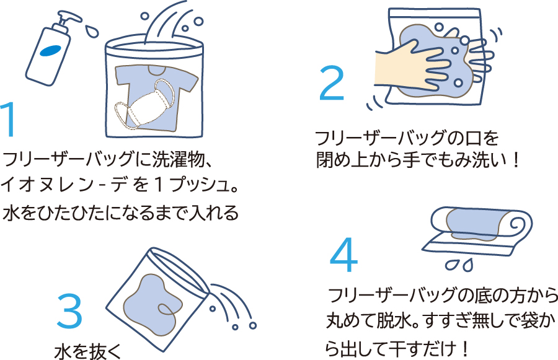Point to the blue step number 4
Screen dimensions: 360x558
click(343, 255)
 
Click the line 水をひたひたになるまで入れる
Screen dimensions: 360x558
click(121, 213)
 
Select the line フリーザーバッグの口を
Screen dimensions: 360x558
click(407, 137)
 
